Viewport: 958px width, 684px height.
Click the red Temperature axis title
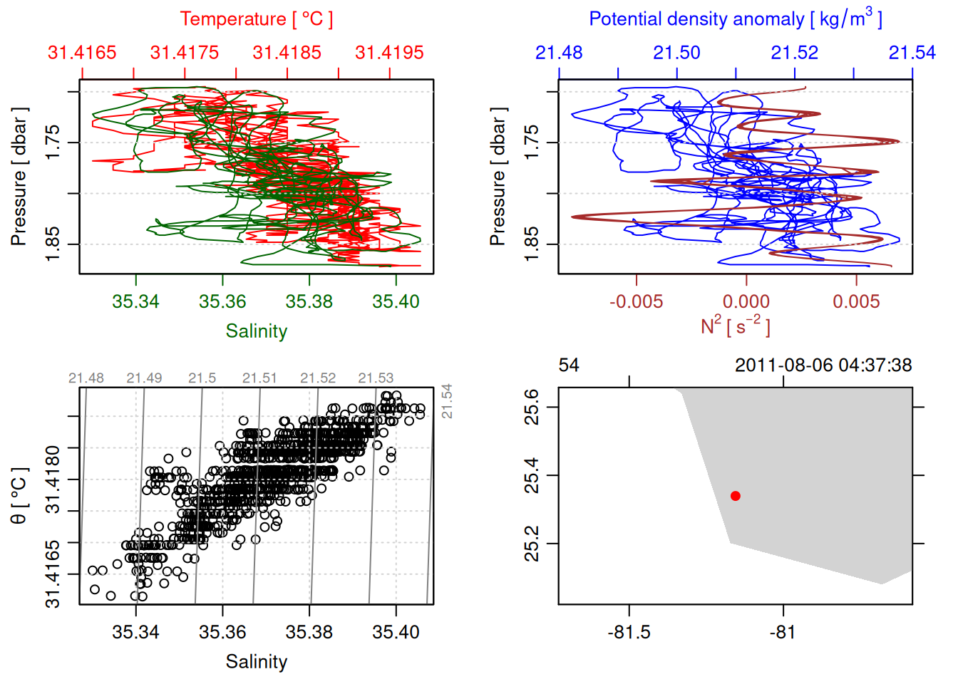pyautogui.click(x=256, y=19)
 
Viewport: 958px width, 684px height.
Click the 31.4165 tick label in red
pyautogui.click(x=82, y=53)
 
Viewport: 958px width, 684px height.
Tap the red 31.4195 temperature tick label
pyautogui.click(x=389, y=53)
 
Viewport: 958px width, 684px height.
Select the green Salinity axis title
pyautogui.click(x=256, y=331)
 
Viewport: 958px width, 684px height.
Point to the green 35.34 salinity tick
pyautogui.click(x=135, y=301)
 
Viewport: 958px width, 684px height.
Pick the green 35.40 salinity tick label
pyautogui.click(x=396, y=301)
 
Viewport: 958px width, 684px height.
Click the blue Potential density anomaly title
pyautogui.click(x=735, y=19)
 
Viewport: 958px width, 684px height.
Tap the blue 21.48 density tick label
pyautogui.click(x=559, y=53)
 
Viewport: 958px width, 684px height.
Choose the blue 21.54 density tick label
pyautogui.click(x=912, y=53)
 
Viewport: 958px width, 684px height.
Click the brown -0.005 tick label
pyautogui.click(x=636, y=301)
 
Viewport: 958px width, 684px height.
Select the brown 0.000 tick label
pyautogui.click(x=746, y=301)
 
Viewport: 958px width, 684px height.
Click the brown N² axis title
pyautogui.click(x=735, y=326)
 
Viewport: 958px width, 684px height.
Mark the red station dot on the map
pyautogui.click(x=736, y=496)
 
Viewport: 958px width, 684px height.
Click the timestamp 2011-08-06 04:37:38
pyautogui.click(x=823, y=366)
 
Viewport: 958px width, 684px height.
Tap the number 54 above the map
pyautogui.click(x=569, y=366)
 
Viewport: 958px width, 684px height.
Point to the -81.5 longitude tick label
pyautogui.click(x=629, y=632)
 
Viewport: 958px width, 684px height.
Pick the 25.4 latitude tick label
pyautogui.click(x=532, y=475)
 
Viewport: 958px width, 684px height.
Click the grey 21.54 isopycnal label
pyautogui.click(x=447, y=401)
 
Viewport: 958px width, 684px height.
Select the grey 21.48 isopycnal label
pyautogui.click(x=86, y=378)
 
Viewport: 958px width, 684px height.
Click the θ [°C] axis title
pyautogui.click(x=19, y=496)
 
